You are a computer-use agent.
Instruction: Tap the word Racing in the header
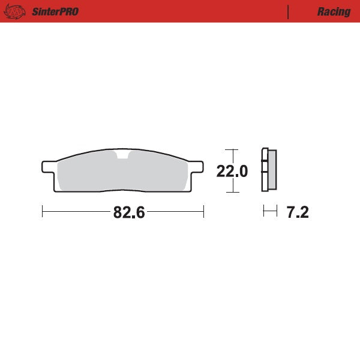334,11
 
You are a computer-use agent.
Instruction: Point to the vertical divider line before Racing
289,11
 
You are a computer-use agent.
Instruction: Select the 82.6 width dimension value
129,212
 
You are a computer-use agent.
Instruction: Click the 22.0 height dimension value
232,171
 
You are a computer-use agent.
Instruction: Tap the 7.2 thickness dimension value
298,212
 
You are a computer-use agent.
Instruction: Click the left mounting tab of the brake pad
49,166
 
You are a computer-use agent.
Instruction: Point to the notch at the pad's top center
123,158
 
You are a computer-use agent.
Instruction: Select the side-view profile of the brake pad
269,170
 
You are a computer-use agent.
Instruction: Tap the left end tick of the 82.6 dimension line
43,212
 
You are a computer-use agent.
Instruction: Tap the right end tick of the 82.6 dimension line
204,212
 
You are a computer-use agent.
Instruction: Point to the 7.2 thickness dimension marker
271,212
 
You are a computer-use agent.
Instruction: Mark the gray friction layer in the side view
272,170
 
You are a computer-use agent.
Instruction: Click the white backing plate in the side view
264,170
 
